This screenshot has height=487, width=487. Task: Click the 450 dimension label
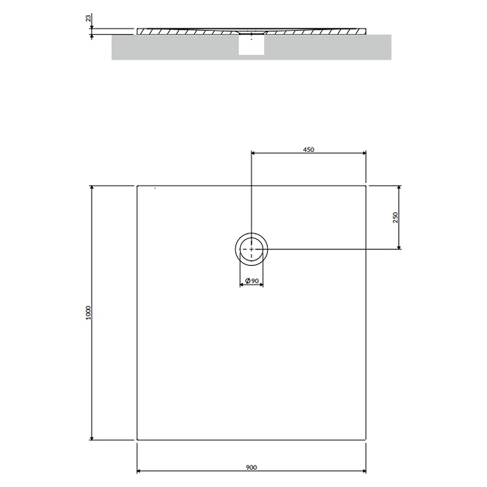[x=309, y=149]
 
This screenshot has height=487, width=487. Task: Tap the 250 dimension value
[x=396, y=217]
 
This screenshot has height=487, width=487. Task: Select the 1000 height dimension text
[x=89, y=313]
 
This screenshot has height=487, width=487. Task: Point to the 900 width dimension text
[x=251, y=467]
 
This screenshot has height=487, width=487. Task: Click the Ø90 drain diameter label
[x=252, y=281]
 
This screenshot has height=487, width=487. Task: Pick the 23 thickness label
[x=89, y=18]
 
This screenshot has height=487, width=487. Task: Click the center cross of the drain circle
[x=251, y=249]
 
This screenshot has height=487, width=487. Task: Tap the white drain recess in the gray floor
[x=251, y=45]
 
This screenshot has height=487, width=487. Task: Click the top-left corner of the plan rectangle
[x=138, y=186]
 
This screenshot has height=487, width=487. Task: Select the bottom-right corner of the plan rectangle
[x=365, y=440]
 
